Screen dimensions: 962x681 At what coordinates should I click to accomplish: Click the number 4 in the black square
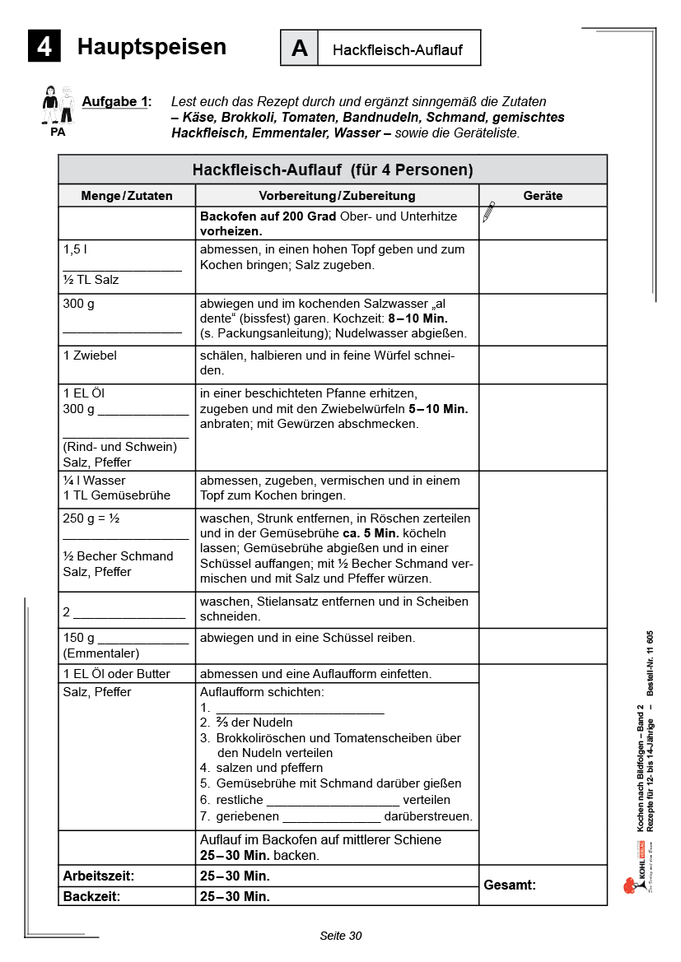click(44, 47)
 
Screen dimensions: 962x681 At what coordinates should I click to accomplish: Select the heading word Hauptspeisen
click(152, 47)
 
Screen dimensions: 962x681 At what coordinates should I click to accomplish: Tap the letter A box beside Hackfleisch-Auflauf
click(299, 49)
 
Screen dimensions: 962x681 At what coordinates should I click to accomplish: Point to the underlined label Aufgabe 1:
click(116, 102)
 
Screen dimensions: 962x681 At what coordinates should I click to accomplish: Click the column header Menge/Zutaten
click(127, 196)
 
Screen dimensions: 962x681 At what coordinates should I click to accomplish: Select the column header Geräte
click(543, 196)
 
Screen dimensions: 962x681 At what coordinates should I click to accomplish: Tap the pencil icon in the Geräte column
click(489, 212)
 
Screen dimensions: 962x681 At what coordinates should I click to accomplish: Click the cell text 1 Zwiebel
click(90, 356)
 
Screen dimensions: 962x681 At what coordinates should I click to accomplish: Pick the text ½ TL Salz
click(91, 280)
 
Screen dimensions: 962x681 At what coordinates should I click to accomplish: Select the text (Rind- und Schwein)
click(120, 447)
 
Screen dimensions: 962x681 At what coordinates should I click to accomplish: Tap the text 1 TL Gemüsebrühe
click(116, 495)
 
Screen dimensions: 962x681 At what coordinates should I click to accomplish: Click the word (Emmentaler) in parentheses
click(101, 653)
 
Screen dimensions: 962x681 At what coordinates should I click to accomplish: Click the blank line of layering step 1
click(300, 709)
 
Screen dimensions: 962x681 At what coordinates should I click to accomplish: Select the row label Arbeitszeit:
click(99, 876)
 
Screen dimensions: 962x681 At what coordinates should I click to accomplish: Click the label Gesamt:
click(510, 885)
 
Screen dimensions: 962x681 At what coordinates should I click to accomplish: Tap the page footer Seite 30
click(340, 936)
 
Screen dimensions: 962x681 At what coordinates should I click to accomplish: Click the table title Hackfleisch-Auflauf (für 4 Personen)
click(333, 170)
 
